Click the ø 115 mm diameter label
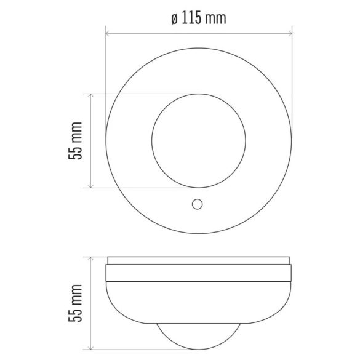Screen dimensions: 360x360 tap(197, 18)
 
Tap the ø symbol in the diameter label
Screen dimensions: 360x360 tap(174, 18)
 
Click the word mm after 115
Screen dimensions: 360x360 tap(215, 18)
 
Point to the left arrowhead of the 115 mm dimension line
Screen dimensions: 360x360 tap(108, 34)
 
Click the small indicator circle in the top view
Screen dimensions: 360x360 tap(198, 204)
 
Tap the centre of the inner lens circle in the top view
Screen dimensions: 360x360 tap(197, 141)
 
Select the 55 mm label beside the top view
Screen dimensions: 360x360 tap(75, 141)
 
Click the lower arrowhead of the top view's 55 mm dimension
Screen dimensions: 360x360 tap(91, 185)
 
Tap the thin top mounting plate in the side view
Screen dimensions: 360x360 tap(197, 259)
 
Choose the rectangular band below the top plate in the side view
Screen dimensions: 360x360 tap(197, 273)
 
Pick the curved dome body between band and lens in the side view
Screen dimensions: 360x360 tap(197, 305)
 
